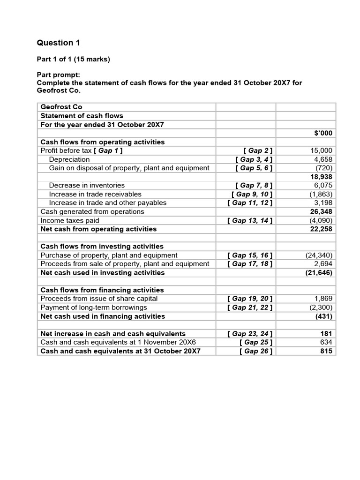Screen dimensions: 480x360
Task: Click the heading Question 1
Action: click(58, 43)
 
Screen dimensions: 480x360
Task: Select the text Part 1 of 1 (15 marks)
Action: click(73, 59)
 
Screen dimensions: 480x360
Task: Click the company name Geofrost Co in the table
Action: click(61, 107)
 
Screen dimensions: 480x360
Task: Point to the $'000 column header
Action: click(323, 133)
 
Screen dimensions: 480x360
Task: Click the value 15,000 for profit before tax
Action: click(321, 150)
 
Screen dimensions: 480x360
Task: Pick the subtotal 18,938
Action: click(321, 177)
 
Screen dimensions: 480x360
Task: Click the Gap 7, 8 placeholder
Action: click(255, 185)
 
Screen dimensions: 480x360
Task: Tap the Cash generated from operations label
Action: click(92, 211)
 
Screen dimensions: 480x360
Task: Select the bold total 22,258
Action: click(321, 229)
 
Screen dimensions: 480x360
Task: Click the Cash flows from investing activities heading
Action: click(102, 246)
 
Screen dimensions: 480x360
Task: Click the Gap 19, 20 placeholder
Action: click(250, 299)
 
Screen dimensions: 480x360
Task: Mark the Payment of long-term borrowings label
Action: click(94, 307)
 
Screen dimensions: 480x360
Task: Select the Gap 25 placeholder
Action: click(256, 342)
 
